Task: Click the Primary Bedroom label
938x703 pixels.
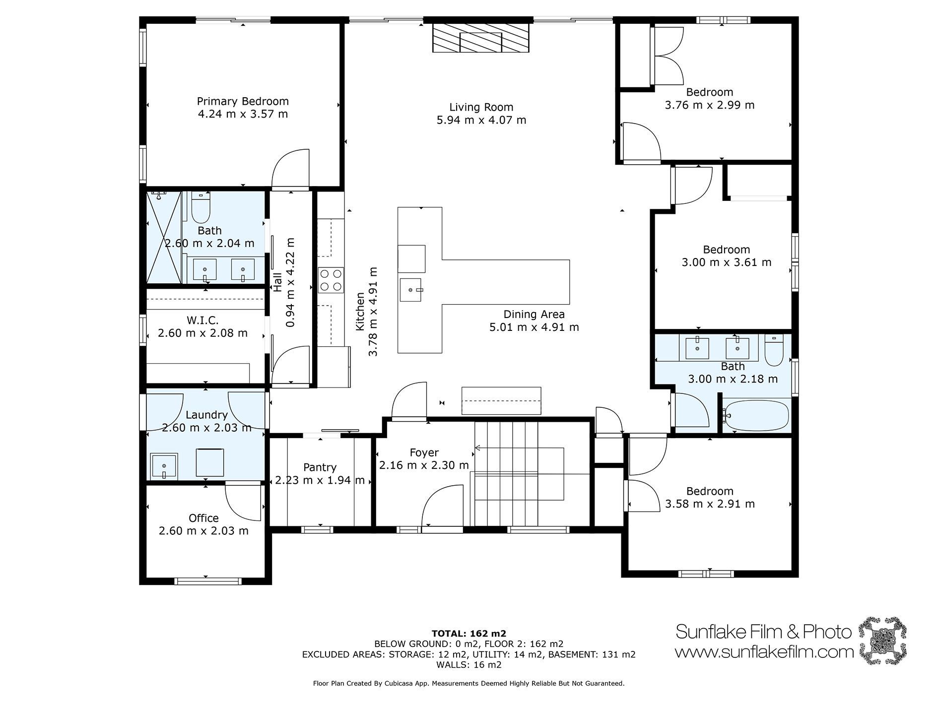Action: pos(243,101)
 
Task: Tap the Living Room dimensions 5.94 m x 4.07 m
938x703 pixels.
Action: pos(481,120)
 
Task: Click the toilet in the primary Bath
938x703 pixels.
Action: pos(201,207)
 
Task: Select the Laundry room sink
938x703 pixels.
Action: pos(164,466)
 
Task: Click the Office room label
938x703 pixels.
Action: pos(203,518)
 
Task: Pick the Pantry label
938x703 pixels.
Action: pos(320,467)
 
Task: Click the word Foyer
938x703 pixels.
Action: pos(424,453)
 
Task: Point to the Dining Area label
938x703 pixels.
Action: pos(534,314)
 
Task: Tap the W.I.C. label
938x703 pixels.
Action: pos(202,320)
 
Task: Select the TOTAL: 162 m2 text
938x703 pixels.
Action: pos(469,634)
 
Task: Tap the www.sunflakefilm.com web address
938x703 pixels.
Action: pos(765,652)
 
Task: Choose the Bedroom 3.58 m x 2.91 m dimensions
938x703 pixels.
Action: pos(710,504)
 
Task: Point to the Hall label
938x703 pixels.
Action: pos(278,282)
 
